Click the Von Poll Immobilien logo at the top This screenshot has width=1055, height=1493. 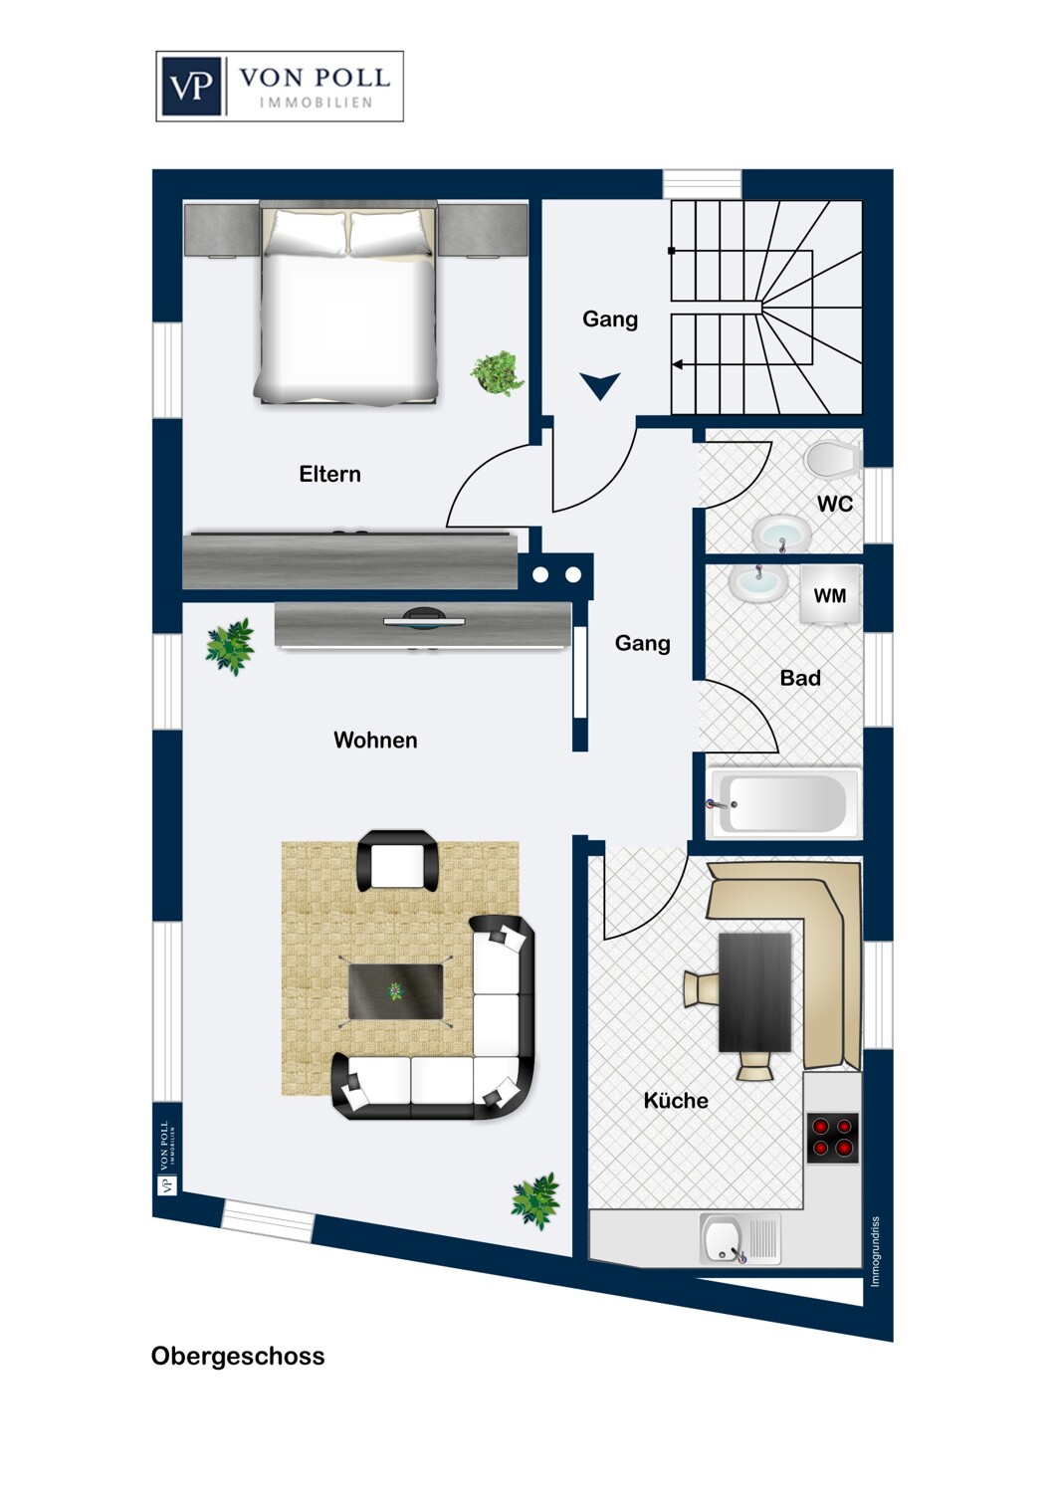point(280,87)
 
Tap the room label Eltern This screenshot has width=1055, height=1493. point(329,474)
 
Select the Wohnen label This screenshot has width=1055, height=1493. point(375,740)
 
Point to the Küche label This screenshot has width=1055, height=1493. point(676,1100)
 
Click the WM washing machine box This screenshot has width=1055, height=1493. point(830,596)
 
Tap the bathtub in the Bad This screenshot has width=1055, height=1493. point(783,802)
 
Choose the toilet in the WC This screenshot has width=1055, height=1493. point(833,459)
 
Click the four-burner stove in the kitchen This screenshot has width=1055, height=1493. point(832,1137)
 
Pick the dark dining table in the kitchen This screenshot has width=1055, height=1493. point(754,991)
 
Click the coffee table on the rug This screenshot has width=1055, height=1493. point(395,991)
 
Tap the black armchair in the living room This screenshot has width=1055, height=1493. point(397,861)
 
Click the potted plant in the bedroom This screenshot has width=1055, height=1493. point(497,373)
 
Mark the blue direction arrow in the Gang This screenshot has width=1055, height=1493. point(600,385)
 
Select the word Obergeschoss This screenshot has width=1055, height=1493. point(238,1356)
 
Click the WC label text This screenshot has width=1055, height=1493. point(835,504)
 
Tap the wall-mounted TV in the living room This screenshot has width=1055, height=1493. point(425,620)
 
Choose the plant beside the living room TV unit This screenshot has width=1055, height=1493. point(230,646)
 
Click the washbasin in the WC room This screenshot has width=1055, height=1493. point(781,533)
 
